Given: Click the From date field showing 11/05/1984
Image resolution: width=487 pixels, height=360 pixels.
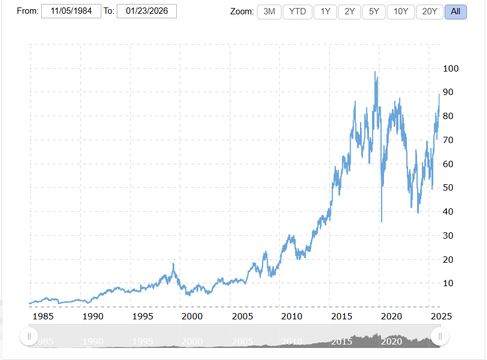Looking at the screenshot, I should pyautogui.click(x=72, y=11).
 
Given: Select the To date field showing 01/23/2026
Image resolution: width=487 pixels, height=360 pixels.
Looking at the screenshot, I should pyautogui.click(x=147, y=11).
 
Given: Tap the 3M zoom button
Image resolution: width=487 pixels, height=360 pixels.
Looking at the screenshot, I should pyautogui.click(x=269, y=11).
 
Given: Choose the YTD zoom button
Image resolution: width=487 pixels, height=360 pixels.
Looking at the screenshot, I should pyautogui.click(x=298, y=11).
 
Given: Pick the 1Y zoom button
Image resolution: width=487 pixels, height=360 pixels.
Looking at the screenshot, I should pyautogui.click(x=325, y=11).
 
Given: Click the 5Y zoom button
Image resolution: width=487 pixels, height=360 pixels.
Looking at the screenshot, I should pyautogui.click(x=374, y=11).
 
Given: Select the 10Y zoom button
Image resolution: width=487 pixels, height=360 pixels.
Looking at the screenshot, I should pyautogui.click(x=401, y=11).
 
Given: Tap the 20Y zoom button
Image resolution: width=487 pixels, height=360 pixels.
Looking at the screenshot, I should pyautogui.click(x=430, y=11).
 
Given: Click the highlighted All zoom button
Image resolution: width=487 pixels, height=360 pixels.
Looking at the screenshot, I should pyautogui.click(x=456, y=11).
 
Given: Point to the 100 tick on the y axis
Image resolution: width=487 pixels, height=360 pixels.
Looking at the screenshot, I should pyautogui.click(x=451, y=69).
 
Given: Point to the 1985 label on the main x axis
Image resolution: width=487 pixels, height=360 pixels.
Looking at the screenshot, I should pyautogui.click(x=43, y=316).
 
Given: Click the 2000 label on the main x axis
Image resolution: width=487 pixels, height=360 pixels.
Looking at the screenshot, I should pyautogui.click(x=192, y=316).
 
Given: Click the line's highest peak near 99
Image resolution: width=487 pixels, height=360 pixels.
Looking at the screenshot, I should pyautogui.click(x=375, y=72).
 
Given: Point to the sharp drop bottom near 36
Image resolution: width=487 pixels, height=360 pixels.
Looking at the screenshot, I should pyautogui.click(x=382, y=221).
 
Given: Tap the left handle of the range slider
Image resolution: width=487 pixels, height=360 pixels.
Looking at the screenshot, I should pyautogui.click(x=29, y=336).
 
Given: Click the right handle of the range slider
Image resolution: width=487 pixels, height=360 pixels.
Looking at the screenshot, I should pyautogui.click(x=440, y=336).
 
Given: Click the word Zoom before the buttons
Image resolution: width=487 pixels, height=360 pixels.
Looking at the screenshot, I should pyautogui.click(x=241, y=11).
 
